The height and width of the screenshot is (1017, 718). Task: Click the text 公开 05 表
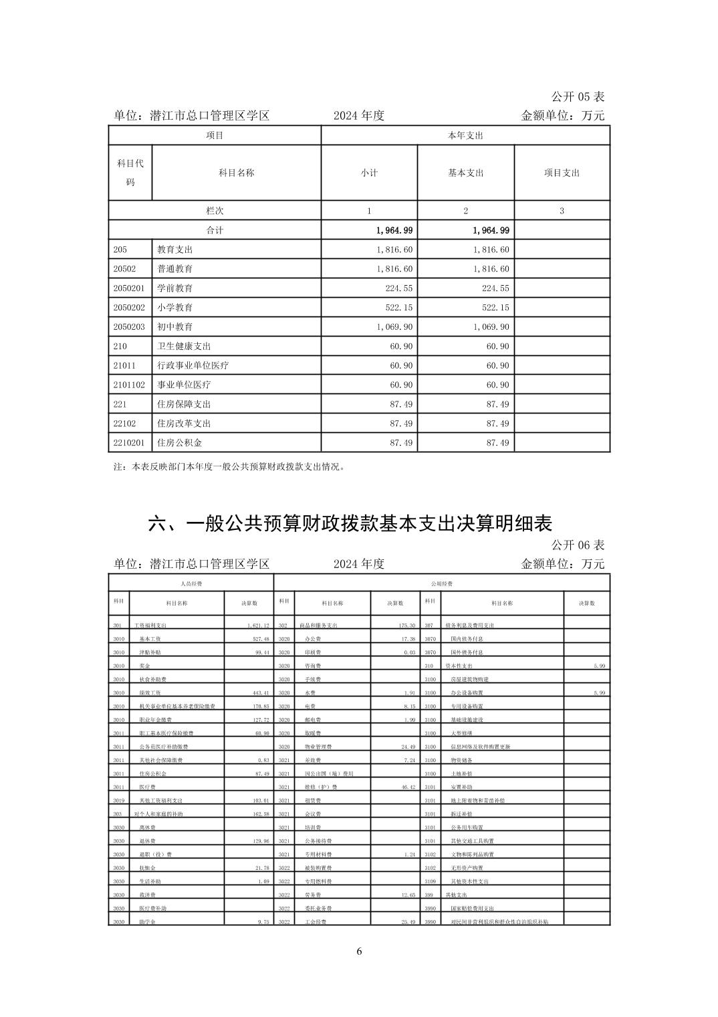(x=578, y=97)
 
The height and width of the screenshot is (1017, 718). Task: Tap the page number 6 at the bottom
(x=359, y=951)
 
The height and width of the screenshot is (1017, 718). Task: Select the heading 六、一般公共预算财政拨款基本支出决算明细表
(x=350, y=523)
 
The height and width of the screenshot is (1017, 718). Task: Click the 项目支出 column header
(x=562, y=173)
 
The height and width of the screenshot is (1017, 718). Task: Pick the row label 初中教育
(x=175, y=327)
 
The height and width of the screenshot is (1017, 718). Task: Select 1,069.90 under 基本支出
(x=491, y=327)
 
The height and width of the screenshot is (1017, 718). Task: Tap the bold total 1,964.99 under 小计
(x=394, y=230)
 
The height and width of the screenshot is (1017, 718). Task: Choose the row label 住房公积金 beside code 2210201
(x=179, y=443)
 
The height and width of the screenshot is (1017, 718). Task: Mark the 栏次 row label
(x=215, y=211)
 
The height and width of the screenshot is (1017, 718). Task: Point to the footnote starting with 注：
(x=230, y=467)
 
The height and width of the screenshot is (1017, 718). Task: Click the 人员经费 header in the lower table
(x=191, y=583)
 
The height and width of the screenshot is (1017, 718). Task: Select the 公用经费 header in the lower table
(x=442, y=583)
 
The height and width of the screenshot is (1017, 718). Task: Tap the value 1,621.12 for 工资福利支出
(x=257, y=625)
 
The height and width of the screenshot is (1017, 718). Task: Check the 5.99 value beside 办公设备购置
(x=599, y=692)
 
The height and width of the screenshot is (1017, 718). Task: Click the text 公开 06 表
(x=578, y=545)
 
